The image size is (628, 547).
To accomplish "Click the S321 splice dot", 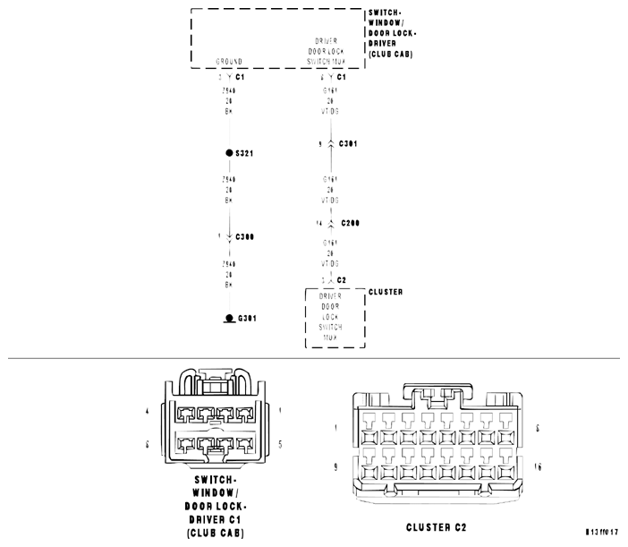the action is [229, 154].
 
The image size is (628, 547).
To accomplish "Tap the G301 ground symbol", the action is [229, 319].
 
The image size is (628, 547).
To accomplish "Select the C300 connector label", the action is [244, 237].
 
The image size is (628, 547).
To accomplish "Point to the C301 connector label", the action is [348, 143].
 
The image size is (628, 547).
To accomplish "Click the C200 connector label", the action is [348, 223].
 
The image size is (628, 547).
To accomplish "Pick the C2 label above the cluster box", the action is [341, 280].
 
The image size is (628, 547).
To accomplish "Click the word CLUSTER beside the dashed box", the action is [386, 292].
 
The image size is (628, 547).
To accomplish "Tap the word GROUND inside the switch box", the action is [229, 62].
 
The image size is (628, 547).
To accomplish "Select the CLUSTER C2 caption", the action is [436, 527].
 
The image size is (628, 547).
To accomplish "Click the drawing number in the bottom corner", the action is [602, 532].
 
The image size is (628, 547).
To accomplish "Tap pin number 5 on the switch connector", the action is [280, 444].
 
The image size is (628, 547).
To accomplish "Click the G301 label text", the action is [247, 319].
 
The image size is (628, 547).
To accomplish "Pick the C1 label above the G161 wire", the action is [341, 77].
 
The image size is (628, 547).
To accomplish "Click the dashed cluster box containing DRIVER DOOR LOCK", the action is [335, 318].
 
